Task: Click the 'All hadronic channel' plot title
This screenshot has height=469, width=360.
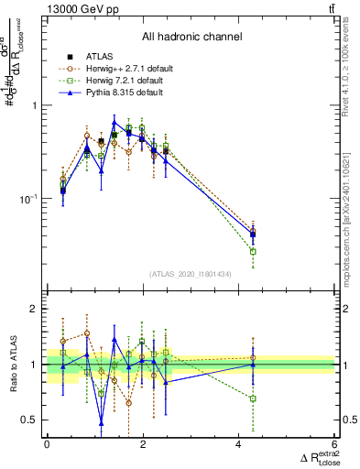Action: [191, 37]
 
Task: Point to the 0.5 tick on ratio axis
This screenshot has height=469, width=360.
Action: [31, 420]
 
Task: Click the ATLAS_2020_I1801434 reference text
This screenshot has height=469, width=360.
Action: [191, 275]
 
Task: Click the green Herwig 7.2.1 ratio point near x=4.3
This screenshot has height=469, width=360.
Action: [253, 398]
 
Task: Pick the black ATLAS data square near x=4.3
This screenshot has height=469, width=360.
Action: [253, 234]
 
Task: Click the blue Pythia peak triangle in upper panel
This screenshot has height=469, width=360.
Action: [115, 122]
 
